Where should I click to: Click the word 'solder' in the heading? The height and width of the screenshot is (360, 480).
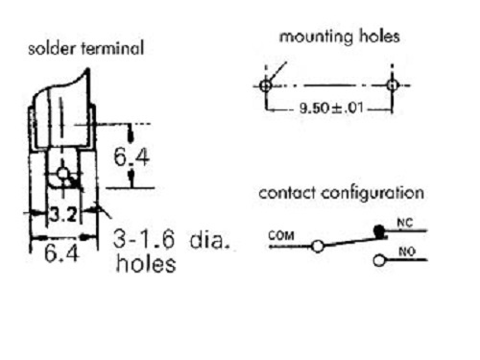[x=52, y=49]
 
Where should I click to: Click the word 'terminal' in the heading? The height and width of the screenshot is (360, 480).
[x=112, y=49]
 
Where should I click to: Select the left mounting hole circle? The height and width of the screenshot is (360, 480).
[x=265, y=85]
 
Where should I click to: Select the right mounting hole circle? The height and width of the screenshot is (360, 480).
[x=393, y=85]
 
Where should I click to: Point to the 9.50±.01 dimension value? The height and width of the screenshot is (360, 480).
[x=331, y=108]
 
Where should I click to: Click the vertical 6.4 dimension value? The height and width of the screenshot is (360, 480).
[x=132, y=157]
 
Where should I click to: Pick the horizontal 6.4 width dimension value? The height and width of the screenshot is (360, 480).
[x=61, y=253]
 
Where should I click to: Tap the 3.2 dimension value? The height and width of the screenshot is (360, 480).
[x=63, y=215]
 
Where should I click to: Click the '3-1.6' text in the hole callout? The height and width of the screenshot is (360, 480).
[x=144, y=239]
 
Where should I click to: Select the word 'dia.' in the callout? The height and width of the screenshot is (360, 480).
[x=210, y=239]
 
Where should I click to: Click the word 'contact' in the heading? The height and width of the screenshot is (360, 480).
[x=287, y=193]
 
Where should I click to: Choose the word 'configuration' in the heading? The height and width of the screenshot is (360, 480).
[x=372, y=193]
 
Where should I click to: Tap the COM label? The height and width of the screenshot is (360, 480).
[x=281, y=236]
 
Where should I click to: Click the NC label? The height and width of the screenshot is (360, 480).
[x=405, y=223]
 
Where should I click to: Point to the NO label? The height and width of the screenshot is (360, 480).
[x=407, y=252]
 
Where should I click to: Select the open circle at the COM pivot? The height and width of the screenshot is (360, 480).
[x=318, y=247]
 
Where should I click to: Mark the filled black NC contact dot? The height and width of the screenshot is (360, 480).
[x=379, y=230]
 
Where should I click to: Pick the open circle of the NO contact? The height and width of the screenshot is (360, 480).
[x=379, y=260]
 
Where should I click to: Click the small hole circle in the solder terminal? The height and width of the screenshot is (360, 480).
[x=63, y=174]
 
